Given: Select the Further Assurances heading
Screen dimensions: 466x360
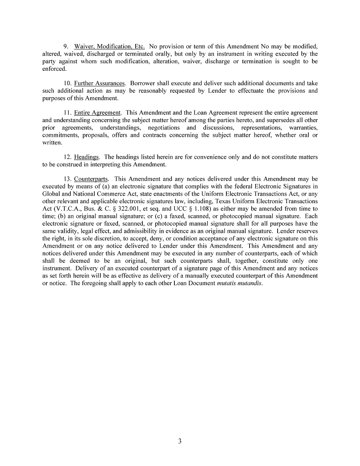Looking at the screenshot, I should (100, 83).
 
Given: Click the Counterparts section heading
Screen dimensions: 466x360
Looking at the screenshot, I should (91, 179).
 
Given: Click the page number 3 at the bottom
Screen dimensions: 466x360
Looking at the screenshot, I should (180, 442).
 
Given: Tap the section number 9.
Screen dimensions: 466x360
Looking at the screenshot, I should (66, 46).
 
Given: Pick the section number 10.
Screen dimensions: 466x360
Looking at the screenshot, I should (68, 83).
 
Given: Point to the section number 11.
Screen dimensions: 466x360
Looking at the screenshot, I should (68, 113).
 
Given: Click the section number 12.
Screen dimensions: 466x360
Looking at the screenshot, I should (68, 157).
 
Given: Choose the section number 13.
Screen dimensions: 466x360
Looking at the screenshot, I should (68, 179).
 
